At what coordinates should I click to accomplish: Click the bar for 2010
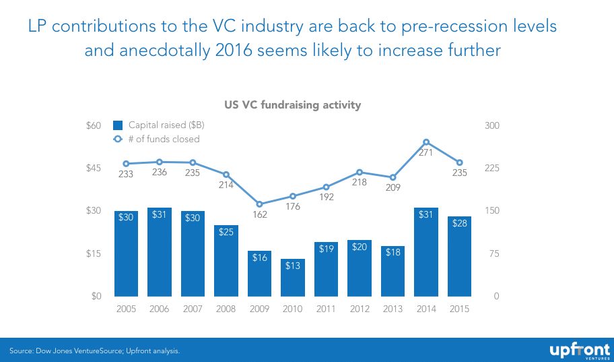(x=293, y=278)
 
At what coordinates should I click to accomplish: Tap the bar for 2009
(x=260, y=274)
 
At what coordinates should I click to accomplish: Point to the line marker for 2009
(x=260, y=204)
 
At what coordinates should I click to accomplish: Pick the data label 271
(x=425, y=153)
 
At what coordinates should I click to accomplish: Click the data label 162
(x=260, y=215)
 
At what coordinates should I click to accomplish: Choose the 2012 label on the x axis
(x=360, y=309)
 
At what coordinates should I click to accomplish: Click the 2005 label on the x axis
(x=126, y=309)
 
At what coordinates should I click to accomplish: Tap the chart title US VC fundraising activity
(x=293, y=105)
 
